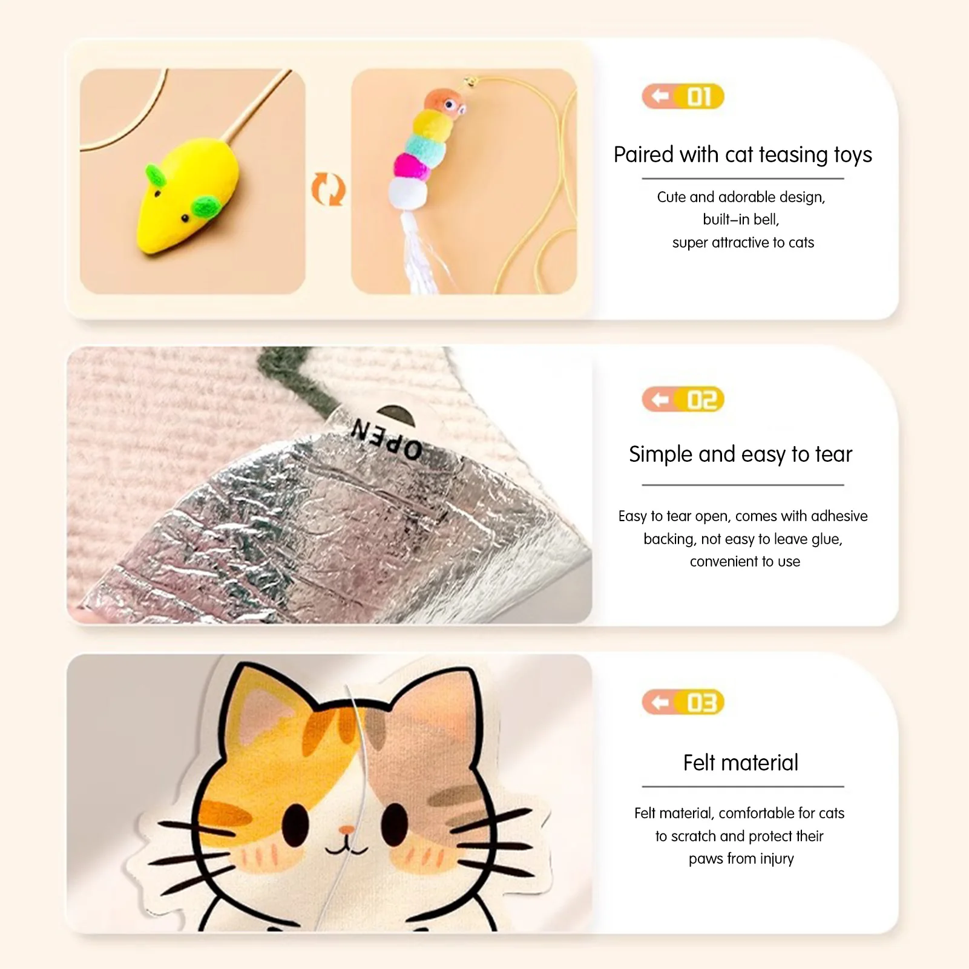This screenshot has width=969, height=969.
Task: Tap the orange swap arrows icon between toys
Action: click(328, 189)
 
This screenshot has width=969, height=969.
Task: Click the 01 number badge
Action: click(683, 96)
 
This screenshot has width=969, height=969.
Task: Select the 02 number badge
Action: click(683, 399)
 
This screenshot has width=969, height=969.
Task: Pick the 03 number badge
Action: click(683, 702)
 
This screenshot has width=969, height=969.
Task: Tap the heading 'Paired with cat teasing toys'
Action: click(743, 155)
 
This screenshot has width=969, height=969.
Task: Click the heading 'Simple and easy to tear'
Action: click(740, 455)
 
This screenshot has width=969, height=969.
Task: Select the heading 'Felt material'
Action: click(741, 763)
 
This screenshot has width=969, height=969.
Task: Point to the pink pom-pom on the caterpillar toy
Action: click(411, 166)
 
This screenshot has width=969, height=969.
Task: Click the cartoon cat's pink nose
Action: click(346, 829)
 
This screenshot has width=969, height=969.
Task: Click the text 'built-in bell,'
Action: click(741, 219)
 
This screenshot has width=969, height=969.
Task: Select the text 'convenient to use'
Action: click(745, 562)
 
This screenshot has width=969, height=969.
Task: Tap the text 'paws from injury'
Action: click(741, 859)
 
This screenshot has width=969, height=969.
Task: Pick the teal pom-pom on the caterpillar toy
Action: click(425, 147)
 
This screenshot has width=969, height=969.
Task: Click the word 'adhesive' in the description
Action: click(839, 516)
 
